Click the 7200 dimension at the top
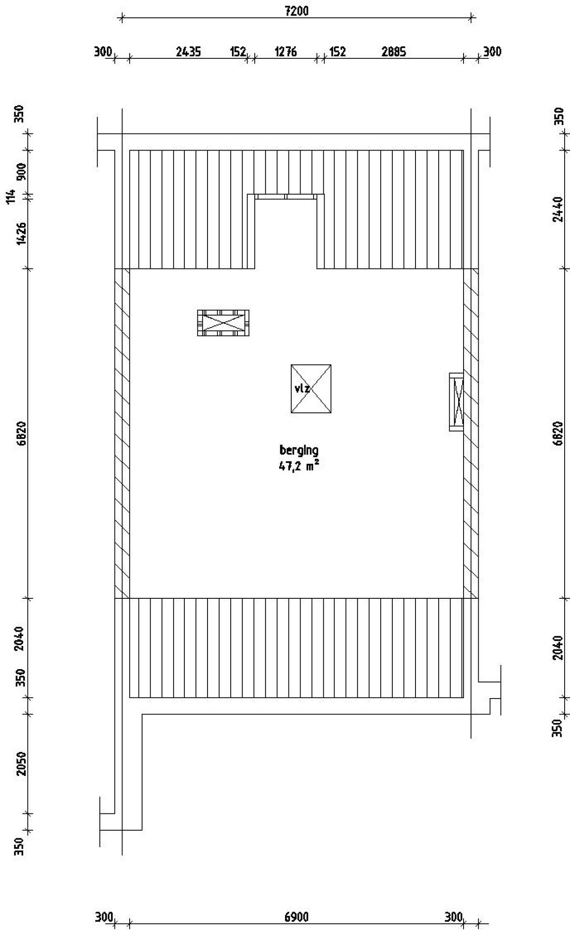point(296,11)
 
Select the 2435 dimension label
point(188,52)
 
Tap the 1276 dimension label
point(285,52)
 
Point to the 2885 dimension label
point(394,52)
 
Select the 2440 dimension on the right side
point(558,209)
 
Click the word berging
point(299,450)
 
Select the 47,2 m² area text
point(299,466)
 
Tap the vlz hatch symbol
point(311,389)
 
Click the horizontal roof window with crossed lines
point(223,323)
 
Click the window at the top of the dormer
point(286,196)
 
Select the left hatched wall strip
point(122,433)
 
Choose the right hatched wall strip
point(471,433)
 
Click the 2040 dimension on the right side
point(558,648)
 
